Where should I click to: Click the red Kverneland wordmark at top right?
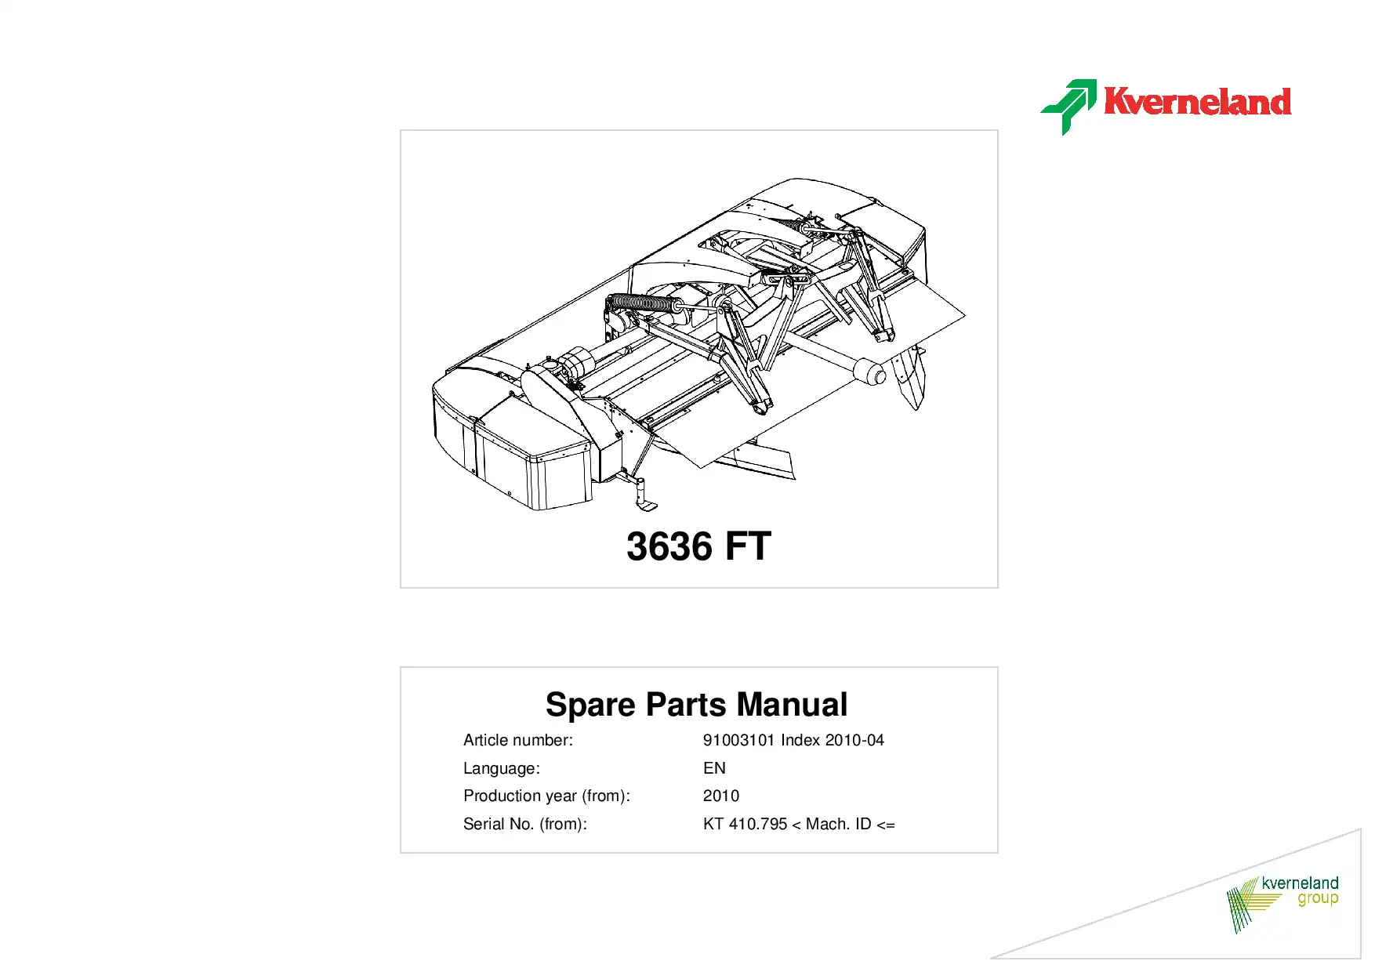pyautogui.click(x=1197, y=102)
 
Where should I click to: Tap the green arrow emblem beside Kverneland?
pyautogui.click(x=1068, y=107)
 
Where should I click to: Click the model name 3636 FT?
pyautogui.click(x=698, y=546)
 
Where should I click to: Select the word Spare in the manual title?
pyautogui.click(x=590, y=705)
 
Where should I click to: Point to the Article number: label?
pyautogui.click(x=518, y=740)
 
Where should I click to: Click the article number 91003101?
pyautogui.click(x=738, y=740)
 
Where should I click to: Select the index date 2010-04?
pyautogui.click(x=854, y=740)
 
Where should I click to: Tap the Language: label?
pyautogui.click(x=502, y=768)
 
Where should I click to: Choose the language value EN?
pyautogui.click(x=714, y=768)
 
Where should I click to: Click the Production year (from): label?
pyautogui.click(x=546, y=796)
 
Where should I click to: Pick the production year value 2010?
pyautogui.click(x=721, y=796)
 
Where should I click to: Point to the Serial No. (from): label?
pyautogui.click(x=525, y=824)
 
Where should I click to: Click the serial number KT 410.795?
pyautogui.click(x=745, y=824)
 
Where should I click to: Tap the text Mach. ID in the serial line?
pyautogui.click(x=838, y=824)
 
